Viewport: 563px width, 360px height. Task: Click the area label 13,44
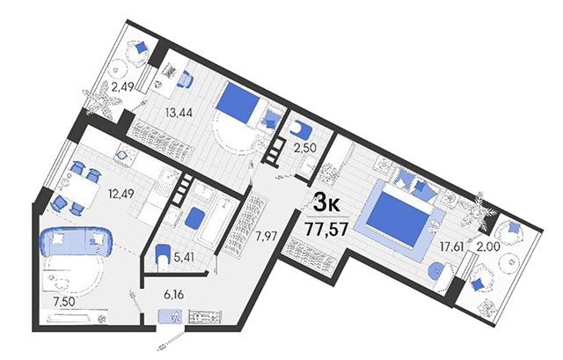(x=179, y=113)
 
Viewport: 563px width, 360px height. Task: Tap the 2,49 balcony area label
(x=122, y=87)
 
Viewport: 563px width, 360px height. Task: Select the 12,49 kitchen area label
(x=121, y=194)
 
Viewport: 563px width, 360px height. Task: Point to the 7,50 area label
(x=63, y=302)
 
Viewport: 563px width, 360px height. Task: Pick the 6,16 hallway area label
(x=173, y=295)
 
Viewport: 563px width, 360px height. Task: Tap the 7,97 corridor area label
(x=267, y=237)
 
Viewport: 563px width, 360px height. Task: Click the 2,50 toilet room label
(x=305, y=148)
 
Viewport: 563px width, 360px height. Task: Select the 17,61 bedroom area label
(x=452, y=246)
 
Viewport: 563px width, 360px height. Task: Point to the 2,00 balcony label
(x=487, y=246)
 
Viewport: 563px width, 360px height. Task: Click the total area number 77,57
(x=325, y=229)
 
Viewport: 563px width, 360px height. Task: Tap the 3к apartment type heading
(x=326, y=203)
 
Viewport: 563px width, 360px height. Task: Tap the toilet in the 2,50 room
(x=301, y=129)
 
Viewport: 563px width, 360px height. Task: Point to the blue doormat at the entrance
(x=171, y=316)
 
